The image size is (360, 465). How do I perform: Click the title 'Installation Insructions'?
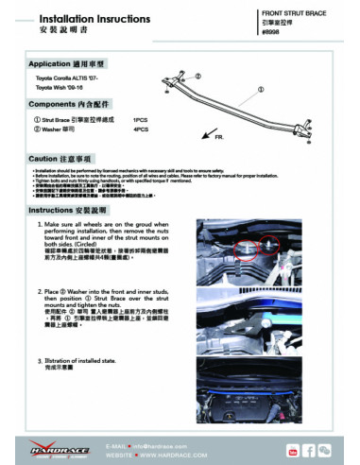click(x=69, y=17)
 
